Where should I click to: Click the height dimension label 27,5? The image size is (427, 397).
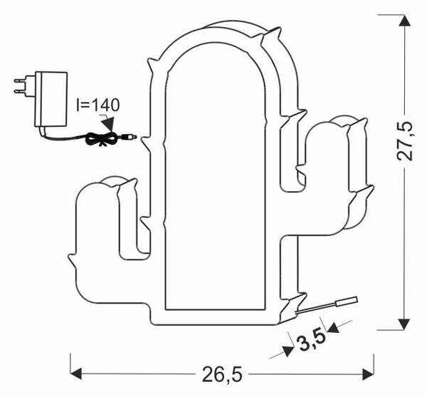tap(405, 141)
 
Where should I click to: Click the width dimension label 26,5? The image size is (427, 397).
tap(222, 373)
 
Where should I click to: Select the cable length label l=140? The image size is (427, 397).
tap(98, 105)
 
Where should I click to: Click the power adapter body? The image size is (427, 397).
tap(51, 99)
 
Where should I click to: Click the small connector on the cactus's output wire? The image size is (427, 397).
tap(347, 301)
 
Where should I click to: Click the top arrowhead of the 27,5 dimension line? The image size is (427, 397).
tap(404, 21)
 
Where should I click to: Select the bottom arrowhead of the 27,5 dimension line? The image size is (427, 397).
tap(404, 324)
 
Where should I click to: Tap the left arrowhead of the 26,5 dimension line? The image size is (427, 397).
tap(76, 373)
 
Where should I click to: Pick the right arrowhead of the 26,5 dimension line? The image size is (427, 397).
tap(368, 373)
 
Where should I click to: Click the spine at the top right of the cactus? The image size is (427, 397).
tap(271, 36)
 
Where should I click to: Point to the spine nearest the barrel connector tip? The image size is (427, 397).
tap(147, 143)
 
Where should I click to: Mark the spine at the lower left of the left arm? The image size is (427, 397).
tap(73, 261)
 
